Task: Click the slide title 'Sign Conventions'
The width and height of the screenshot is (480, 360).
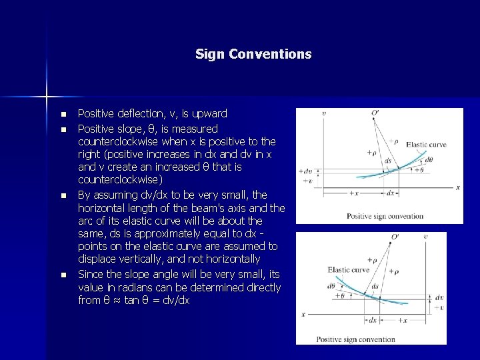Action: click(x=253, y=54)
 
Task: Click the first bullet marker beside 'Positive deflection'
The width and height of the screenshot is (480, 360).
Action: click(x=63, y=114)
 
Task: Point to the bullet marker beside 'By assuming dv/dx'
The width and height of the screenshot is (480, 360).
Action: click(x=63, y=195)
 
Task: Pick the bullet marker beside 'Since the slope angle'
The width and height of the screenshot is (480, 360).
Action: click(x=63, y=275)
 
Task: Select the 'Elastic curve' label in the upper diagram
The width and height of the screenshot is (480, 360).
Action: click(x=426, y=145)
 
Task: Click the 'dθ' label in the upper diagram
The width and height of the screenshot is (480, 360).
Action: click(x=429, y=160)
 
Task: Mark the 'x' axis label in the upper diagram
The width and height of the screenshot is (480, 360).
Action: click(x=458, y=187)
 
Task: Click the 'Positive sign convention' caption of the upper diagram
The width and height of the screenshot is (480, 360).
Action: click(x=385, y=216)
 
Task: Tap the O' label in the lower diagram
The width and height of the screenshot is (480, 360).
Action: click(x=395, y=237)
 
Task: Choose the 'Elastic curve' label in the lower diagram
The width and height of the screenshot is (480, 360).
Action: click(x=348, y=270)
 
